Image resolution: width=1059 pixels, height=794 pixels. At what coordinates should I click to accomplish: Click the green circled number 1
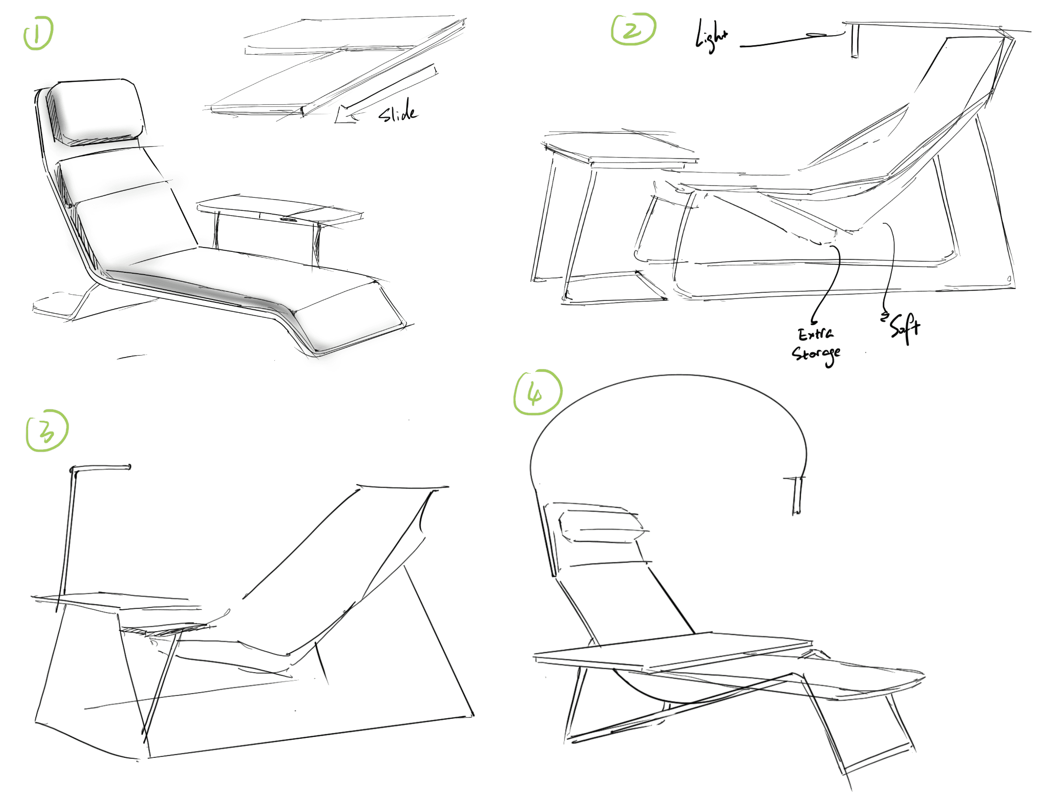tap(38, 32)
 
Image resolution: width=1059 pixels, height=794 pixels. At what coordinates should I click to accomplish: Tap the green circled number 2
tap(633, 29)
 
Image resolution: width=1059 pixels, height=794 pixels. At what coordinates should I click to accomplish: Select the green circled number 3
tap(47, 430)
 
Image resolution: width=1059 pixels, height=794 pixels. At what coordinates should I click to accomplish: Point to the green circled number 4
tap(537, 392)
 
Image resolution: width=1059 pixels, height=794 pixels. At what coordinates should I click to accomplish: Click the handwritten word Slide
tap(398, 111)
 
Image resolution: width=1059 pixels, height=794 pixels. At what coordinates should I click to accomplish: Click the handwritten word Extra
tap(815, 333)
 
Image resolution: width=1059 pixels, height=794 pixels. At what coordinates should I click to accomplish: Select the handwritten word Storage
tap(816, 355)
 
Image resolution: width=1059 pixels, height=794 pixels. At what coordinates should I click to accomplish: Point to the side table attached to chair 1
tap(280, 225)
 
